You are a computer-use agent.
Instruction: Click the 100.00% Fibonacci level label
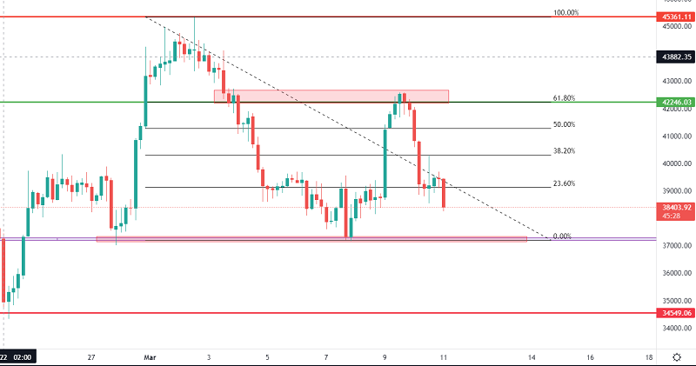(565, 12)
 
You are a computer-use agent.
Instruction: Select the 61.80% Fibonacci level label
(564, 98)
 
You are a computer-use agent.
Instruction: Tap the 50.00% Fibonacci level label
(564, 125)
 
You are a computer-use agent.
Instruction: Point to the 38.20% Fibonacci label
(564, 151)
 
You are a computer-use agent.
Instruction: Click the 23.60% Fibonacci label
(564, 183)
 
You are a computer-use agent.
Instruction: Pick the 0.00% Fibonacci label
(561, 236)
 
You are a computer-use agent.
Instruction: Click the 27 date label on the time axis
(91, 356)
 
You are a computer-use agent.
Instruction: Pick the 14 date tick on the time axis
(532, 356)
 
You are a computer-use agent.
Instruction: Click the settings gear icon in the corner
(677, 356)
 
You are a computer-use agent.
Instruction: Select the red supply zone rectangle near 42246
(331, 96)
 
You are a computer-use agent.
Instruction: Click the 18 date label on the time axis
(649, 356)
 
